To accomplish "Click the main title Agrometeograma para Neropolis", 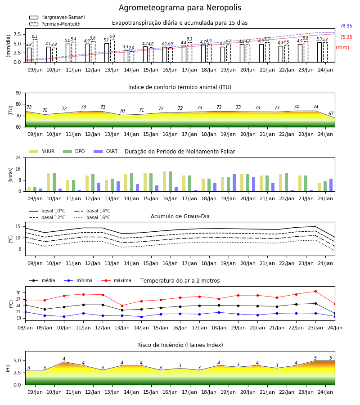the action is pos(180,8).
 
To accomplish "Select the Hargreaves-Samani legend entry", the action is pos(57,17).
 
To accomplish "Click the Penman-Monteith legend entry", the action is pos(55,24).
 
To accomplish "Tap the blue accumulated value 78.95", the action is pos(346,26).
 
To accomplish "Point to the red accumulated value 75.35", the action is pos(346,37).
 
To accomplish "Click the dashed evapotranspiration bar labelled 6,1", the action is pos(35,51).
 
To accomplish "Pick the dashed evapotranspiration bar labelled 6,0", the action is pos(112,51).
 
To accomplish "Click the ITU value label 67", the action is pos(331,114).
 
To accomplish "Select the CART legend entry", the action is pos(106,151).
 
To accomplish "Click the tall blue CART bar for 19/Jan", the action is pos(234,183).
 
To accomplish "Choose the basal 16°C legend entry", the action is pos(92,217).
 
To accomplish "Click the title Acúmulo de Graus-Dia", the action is pos(180,216).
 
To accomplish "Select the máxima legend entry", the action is pos(116,280).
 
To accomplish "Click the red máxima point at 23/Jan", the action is pos(315,291).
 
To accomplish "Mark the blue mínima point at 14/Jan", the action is pos(141,317).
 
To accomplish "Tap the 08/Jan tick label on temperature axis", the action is pos(25,328).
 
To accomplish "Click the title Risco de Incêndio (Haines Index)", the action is pos(180,345).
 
